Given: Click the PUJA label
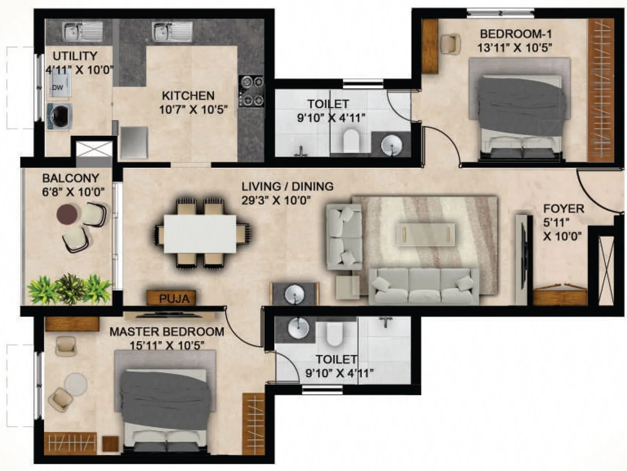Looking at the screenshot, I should [174, 299].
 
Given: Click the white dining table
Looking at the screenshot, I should [200, 234].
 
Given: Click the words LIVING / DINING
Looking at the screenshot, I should [287, 186].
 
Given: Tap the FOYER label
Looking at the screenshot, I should [563, 208].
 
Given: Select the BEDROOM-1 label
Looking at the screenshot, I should [516, 34].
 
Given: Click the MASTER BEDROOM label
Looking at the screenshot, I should [167, 332].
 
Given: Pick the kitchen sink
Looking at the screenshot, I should [172, 31].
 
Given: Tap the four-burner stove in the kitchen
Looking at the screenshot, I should [251, 91].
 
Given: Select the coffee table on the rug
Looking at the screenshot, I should [426, 234].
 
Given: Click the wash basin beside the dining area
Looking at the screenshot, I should [295, 294].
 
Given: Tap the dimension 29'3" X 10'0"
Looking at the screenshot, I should [276, 200].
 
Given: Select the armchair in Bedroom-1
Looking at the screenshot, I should [450, 43].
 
